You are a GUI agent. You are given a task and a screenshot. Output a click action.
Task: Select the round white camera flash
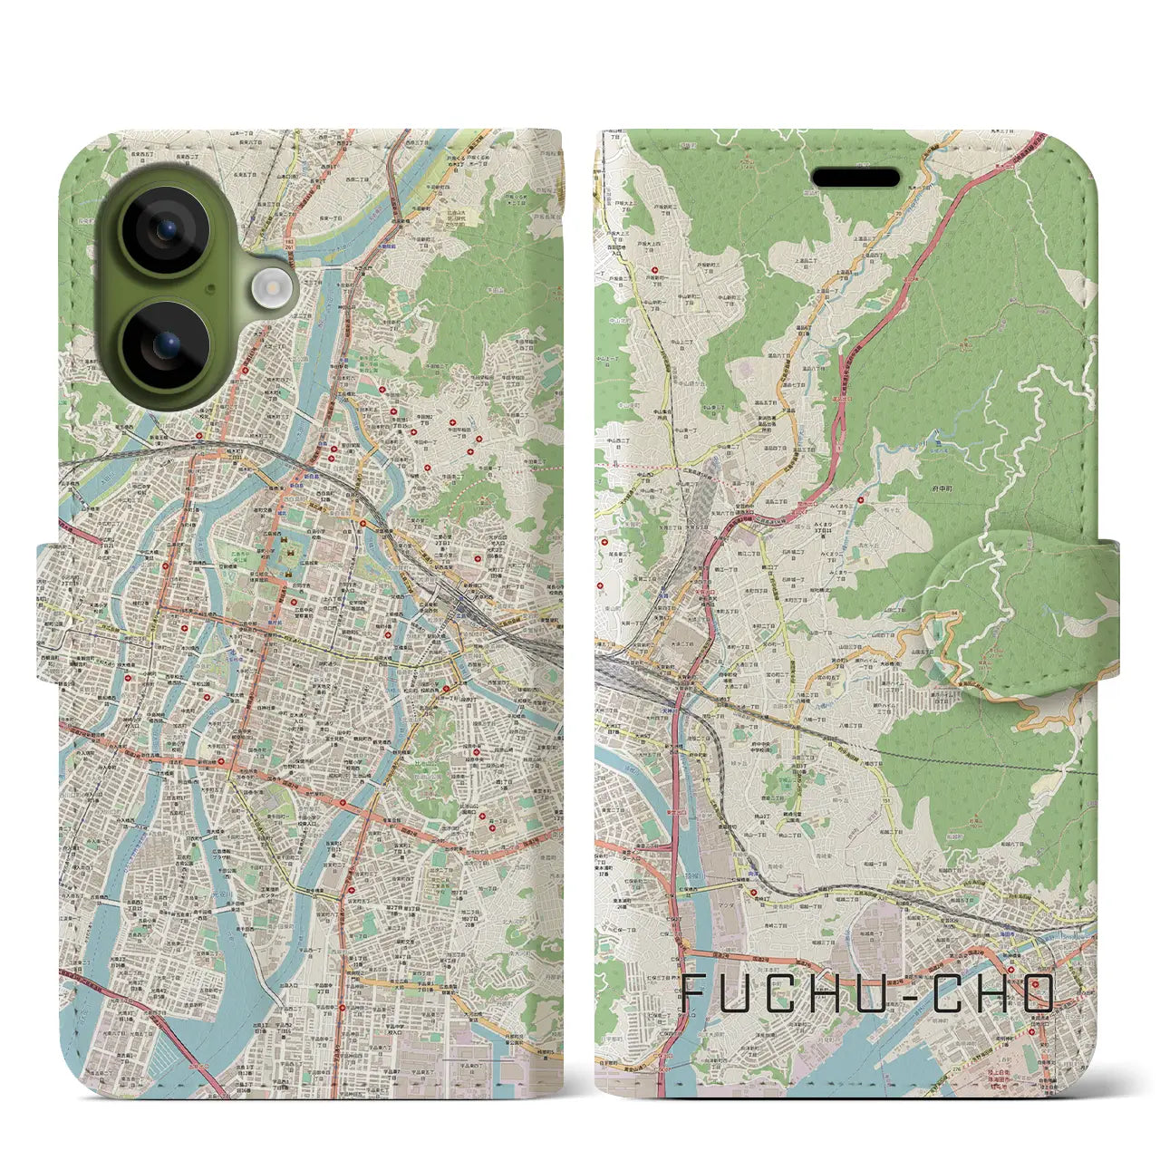tap(268, 288)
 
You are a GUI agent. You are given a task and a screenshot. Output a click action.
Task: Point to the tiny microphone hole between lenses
tap(210, 287)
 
